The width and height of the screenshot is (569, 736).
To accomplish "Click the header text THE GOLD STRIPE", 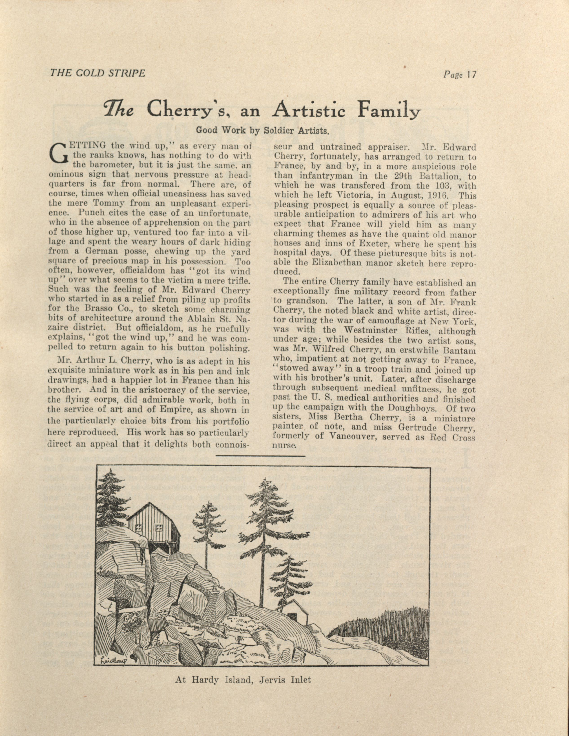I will (97, 73).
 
